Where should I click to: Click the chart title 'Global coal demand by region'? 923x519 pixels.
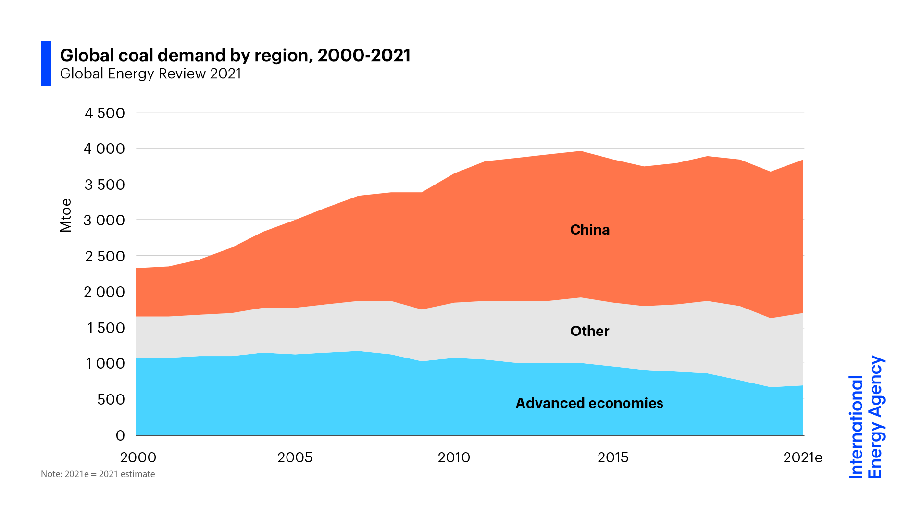pos(235,55)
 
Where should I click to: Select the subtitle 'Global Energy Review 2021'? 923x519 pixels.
pos(150,74)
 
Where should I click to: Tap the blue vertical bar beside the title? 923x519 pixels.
pos(46,63)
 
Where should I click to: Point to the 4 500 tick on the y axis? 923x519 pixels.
pos(104,113)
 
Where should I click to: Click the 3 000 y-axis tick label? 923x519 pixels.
pos(104,221)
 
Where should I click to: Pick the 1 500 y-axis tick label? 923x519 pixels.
pos(105,328)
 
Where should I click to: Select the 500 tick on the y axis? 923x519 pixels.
pos(111,400)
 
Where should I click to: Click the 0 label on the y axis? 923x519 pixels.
pos(120,435)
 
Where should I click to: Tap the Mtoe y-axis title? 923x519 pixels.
pos(65,215)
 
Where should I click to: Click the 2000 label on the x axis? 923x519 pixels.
pos(138,457)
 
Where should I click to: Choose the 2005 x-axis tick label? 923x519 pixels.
pos(295,457)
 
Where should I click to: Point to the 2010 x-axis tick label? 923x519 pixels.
pos(454,457)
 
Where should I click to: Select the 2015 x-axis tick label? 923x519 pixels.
pos(613,457)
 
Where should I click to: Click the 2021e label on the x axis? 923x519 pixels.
pos(802,457)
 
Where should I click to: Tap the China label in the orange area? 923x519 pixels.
pos(589,230)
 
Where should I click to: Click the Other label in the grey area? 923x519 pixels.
pos(589,331)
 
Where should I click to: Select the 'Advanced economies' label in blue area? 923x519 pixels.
pos(589,403)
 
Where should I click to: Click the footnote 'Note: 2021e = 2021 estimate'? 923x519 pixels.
pos(98,474)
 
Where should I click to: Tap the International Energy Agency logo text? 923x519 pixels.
pos(866,417)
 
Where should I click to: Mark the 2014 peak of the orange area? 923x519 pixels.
pos(581,152)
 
